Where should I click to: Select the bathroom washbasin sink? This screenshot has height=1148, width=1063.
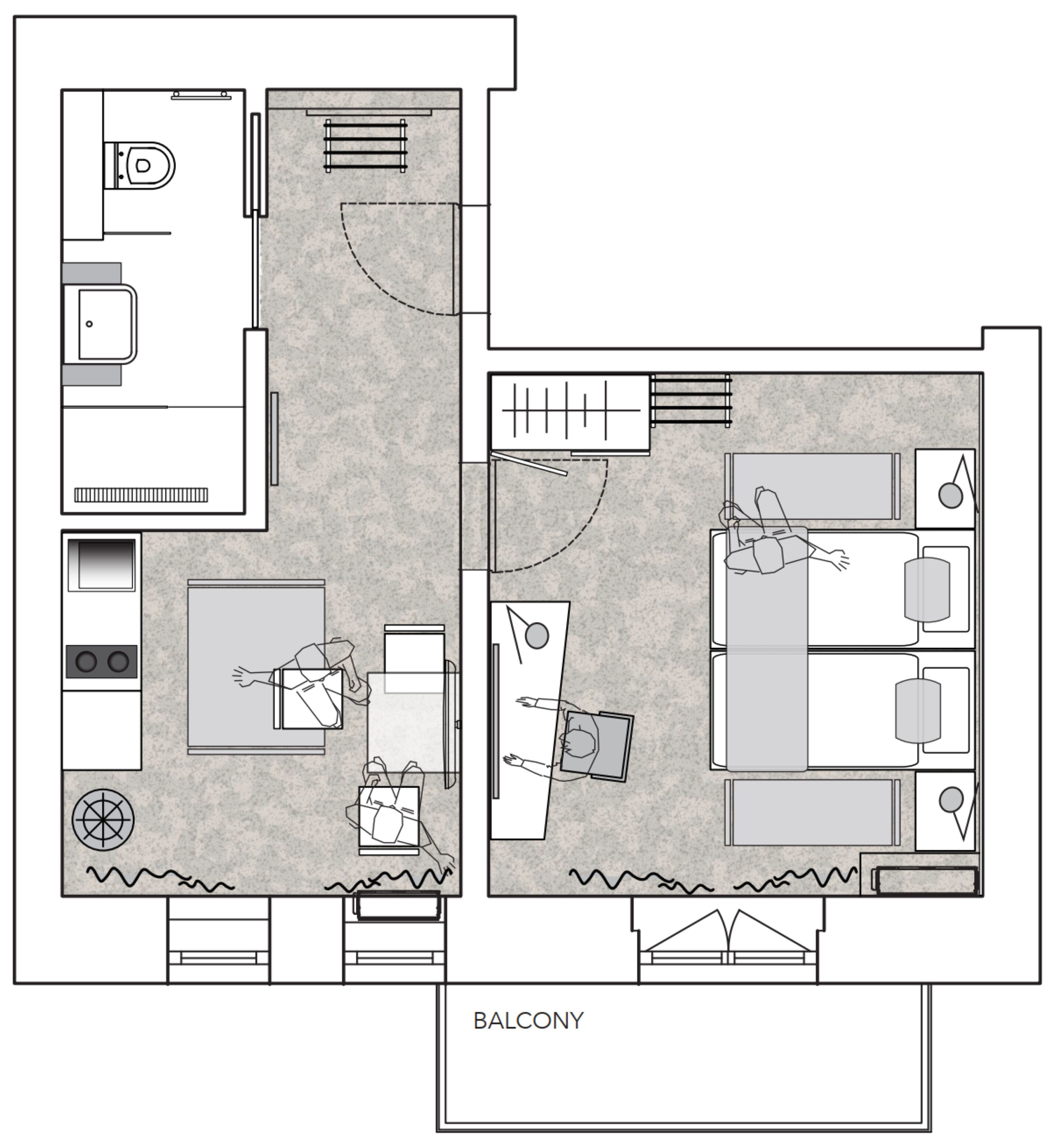(104, 324)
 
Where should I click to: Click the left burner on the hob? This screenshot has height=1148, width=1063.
(86, 661)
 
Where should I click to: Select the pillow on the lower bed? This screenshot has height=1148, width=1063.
(918, 710)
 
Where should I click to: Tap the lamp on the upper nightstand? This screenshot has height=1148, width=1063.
(950, 495)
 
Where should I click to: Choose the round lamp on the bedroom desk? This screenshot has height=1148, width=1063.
(537, 636)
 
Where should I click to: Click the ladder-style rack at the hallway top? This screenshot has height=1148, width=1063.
(365, 146)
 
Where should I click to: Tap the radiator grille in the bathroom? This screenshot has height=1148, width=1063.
(141, 495)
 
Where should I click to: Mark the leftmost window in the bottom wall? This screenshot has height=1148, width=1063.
(219, 943)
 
